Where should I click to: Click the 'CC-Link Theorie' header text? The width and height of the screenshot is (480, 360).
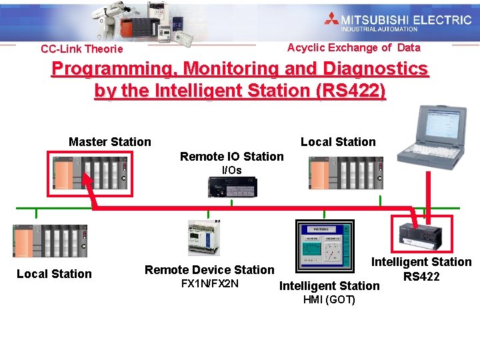[x=81, y=49]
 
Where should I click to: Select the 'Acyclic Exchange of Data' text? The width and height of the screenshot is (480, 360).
[x=353, y=47]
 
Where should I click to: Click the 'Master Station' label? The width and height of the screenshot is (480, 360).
[x=110, y=141]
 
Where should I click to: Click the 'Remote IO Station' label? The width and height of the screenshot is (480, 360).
[x=231, y=157]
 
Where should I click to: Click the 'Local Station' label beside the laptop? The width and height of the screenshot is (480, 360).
[x=338, y=142]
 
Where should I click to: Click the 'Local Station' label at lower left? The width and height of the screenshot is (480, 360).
[x=54, y=274]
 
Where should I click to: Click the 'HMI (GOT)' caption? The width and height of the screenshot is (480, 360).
[x=329, y=300]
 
